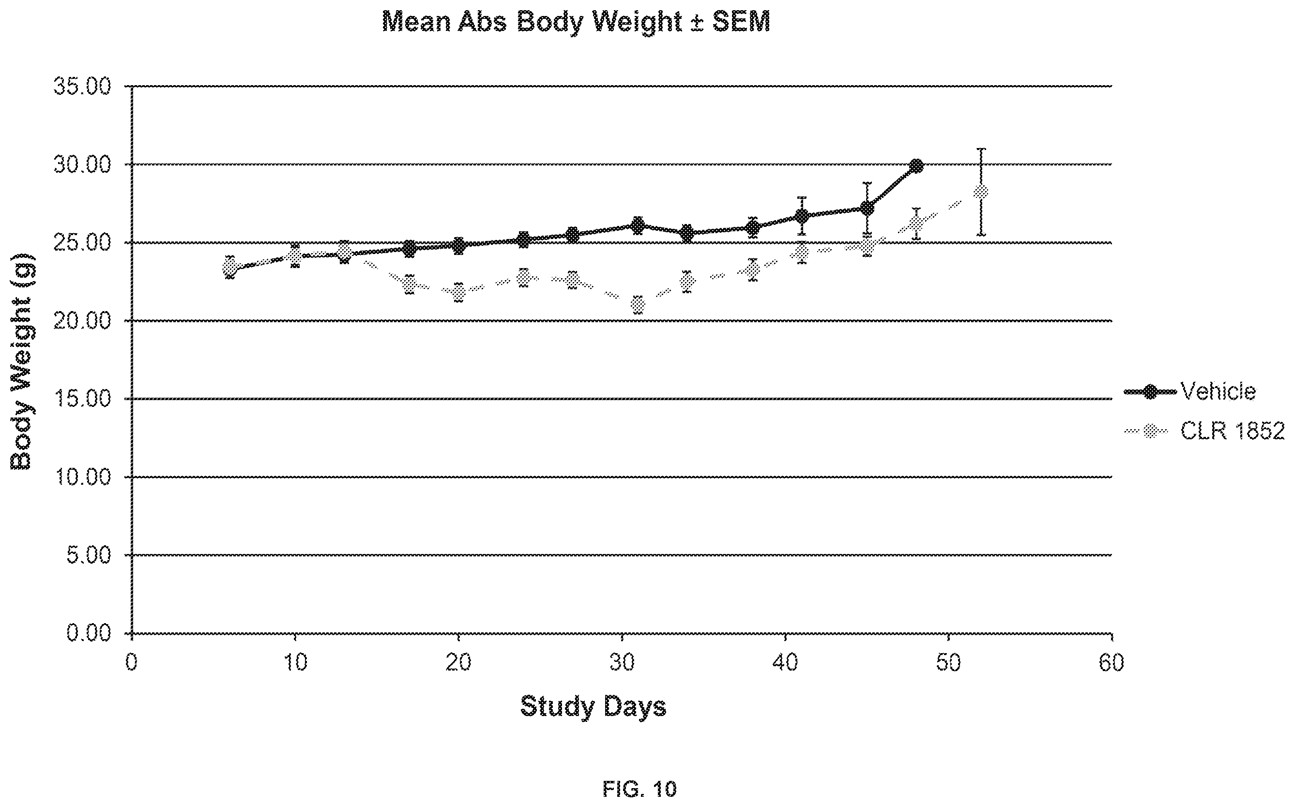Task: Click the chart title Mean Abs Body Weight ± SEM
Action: click(576, 22)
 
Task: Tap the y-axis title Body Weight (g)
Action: click(23, 362)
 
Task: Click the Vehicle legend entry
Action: click(1190, 391)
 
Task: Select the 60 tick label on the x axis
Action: click(1112, 663)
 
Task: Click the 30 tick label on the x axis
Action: click(622, 663)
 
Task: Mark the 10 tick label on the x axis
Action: click(295, 663)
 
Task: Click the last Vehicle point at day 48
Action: click(916, 166)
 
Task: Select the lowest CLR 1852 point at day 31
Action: click(638, 305)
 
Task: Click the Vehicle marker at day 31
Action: click(638, 225)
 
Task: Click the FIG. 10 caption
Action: click(640, 788)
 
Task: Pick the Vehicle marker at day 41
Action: click(801, 216)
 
